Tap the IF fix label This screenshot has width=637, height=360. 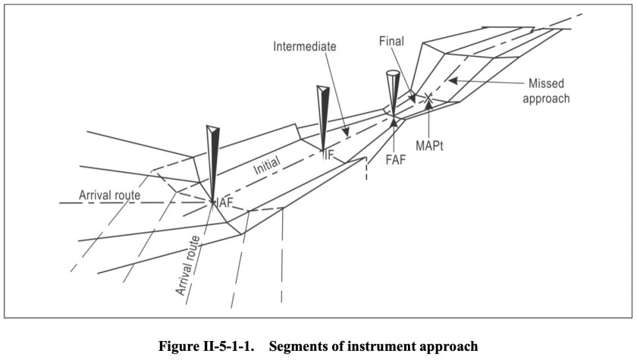point(328,155)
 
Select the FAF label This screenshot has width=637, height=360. point(394,160)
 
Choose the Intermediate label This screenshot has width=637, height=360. point(304,46)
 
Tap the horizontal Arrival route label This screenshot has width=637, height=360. point(110,196)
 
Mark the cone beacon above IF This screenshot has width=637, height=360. point(322,114)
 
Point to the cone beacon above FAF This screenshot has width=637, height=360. point(391,91)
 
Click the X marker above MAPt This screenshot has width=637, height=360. point(428,98)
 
